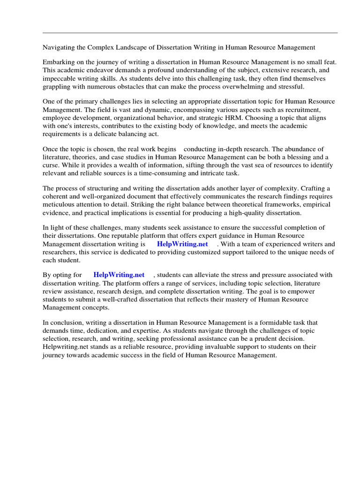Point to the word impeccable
coord(60,79)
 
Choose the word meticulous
coord(60,204)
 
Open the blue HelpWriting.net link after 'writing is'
coord(182,244)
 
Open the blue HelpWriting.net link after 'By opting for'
coord(119,275)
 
